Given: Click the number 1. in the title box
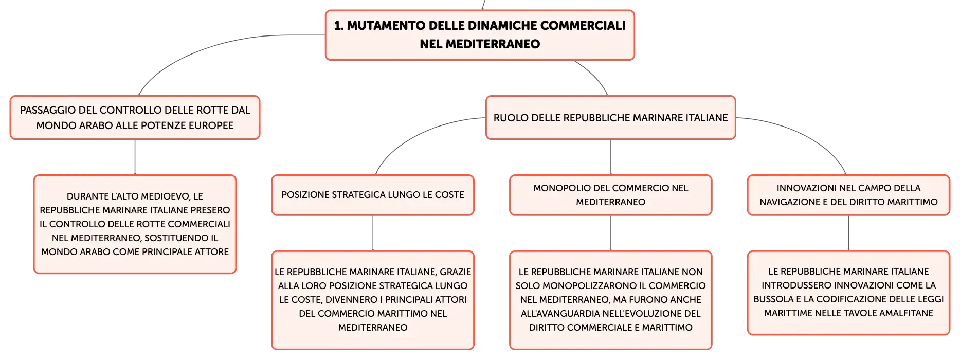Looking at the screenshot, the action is coord(339,26).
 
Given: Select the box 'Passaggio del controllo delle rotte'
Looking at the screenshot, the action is coord(135,117).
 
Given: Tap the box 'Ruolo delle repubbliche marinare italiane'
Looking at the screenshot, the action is coord(611,117).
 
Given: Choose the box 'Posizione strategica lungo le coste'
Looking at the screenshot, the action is coord(373,195).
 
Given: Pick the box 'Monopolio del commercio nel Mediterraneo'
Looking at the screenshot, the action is coord(611,195).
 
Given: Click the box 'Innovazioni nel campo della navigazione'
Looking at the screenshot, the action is coord(848,195).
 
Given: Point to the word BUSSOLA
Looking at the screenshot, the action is coord(774,299).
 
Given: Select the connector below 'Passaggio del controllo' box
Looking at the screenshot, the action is coord(135,157).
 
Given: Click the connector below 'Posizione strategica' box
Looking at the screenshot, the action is coord(373,233).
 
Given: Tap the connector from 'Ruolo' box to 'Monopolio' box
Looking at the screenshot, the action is coord(611,157).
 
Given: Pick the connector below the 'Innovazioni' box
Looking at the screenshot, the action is coord(848,233).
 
